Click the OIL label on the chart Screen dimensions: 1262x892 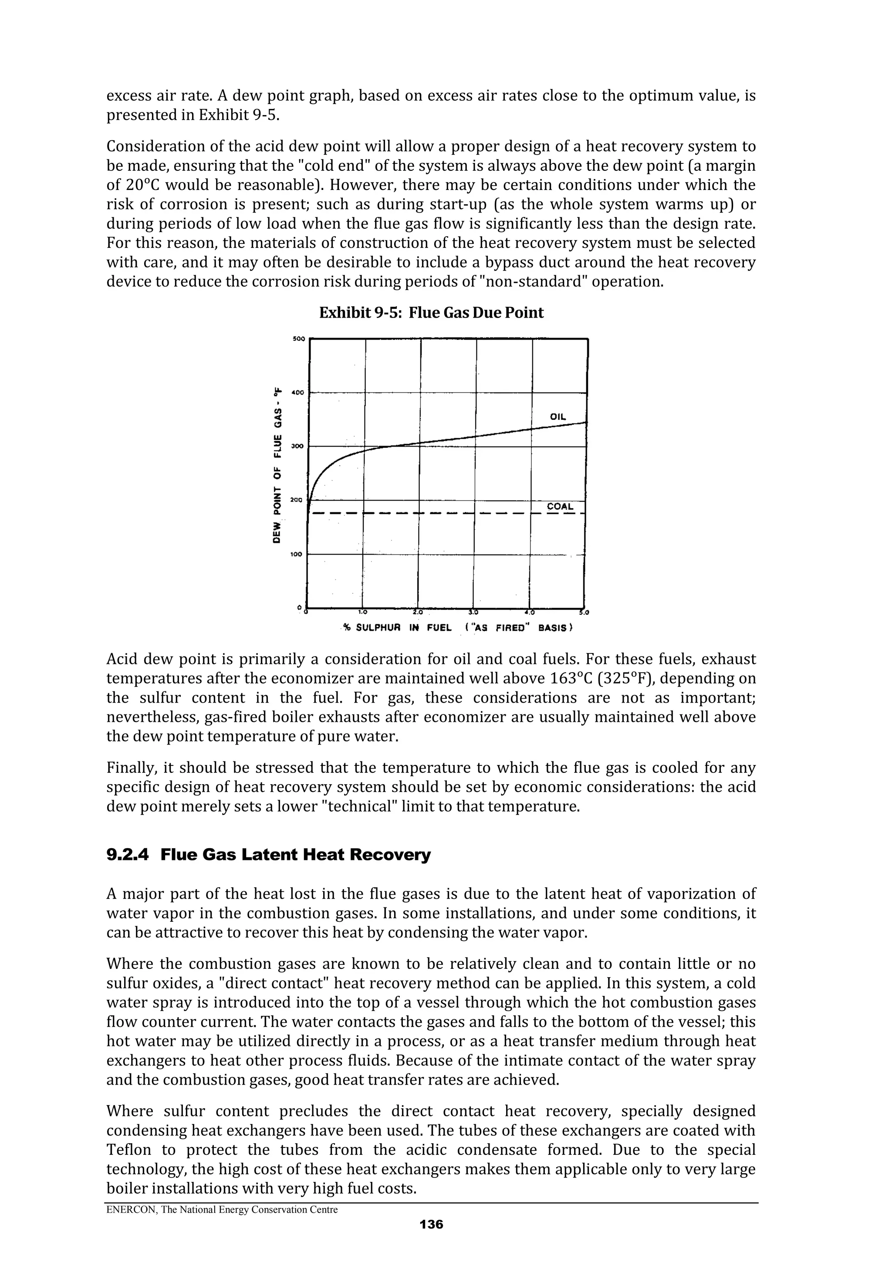(x=557, y=417)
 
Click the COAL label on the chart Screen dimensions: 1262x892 (x=560, y=506)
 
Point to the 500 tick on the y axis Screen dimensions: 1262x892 (x=297, y=339)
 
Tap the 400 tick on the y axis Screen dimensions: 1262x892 (x=297, y=393)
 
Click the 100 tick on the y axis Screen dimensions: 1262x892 (x=296, y=555)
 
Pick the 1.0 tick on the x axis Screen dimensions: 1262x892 (x=363, y=612)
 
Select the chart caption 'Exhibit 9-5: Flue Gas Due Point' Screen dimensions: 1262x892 (x=432, y=313)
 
